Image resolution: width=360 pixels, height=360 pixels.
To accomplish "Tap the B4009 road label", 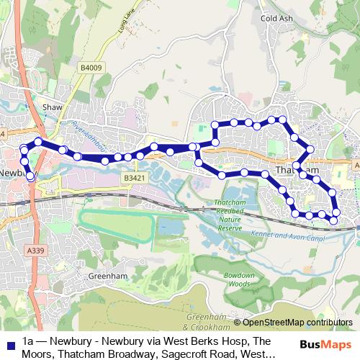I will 91,68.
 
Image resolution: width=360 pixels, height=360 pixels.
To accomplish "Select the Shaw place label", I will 53,107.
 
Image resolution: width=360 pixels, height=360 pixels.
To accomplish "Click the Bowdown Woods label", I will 239,280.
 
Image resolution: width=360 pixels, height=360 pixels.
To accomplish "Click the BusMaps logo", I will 330,343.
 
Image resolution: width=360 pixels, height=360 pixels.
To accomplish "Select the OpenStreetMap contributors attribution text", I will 293,323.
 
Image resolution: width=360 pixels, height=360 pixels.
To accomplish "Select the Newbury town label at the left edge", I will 12,174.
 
